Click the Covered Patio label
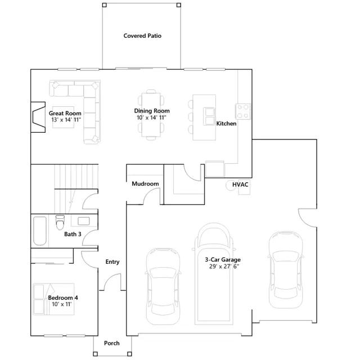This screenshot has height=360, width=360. [x=142, y=36]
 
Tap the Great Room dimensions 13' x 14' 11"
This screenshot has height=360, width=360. [x=66, y=120]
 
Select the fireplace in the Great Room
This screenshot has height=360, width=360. [x=38, y=117]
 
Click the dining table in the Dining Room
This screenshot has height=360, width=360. [x=151, y=115]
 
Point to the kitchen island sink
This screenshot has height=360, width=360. [x=209, y=116]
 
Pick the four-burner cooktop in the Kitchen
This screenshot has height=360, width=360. [x=243, y=111]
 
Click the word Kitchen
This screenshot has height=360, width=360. [x=226, y=124]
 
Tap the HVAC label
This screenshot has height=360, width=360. [x=240, y=184]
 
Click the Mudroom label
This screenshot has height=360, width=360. [x=145, y=184]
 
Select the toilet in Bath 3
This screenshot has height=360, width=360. [x=60, y=222]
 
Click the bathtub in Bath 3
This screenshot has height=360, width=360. [x=40, y=231]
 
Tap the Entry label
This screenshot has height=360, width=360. [x=112, y=262]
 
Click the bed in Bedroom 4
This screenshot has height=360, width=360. [x=54, y=299]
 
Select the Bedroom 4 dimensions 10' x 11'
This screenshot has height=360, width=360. [x=62, y=304]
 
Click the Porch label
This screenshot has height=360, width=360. [x=112, y=343]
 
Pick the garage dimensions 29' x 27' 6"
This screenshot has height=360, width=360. [x=224, y=266]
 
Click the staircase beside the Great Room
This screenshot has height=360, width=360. [x=76, y=189]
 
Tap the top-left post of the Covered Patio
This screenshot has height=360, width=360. [x=104, y=5]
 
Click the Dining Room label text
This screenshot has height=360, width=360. [x=152, y=111]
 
